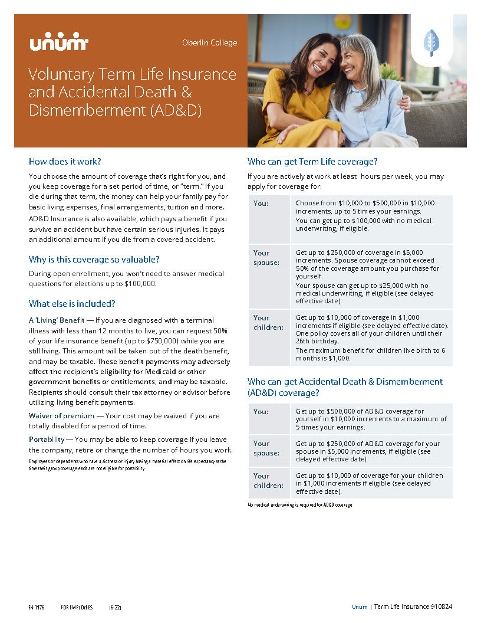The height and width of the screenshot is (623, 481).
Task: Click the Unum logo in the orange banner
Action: [58, 43]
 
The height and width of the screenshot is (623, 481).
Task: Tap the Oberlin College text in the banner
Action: [210, 42]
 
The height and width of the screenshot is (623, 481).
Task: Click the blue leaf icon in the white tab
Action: [431, 42]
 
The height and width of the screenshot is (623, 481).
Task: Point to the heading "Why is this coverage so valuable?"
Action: [94, 259]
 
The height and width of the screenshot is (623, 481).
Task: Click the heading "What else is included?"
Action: [72, 304]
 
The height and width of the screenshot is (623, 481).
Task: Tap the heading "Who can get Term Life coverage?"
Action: [312, 161]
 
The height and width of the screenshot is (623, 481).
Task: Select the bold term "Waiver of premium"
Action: [61, 416]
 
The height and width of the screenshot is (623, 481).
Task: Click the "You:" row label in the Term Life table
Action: [261, 203]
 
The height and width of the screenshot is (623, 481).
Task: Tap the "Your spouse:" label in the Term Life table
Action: [266, 257]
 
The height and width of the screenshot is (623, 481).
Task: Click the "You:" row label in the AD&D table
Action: [261, 411]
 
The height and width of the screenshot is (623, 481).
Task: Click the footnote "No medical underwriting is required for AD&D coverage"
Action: [299, 505]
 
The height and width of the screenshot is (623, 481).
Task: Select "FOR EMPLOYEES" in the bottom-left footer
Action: [77, 607]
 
